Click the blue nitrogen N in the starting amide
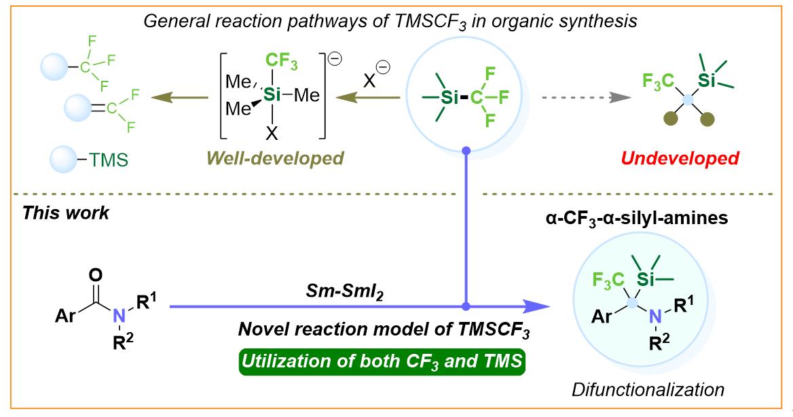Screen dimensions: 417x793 pyautogui.click(x=119, y=315)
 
